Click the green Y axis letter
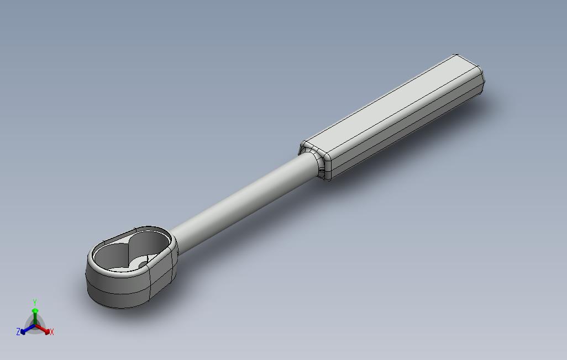[35, 302]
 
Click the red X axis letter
[52, 332]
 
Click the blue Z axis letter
[18, 331]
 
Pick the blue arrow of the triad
[26, 329]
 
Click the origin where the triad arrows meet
[35, 326]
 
